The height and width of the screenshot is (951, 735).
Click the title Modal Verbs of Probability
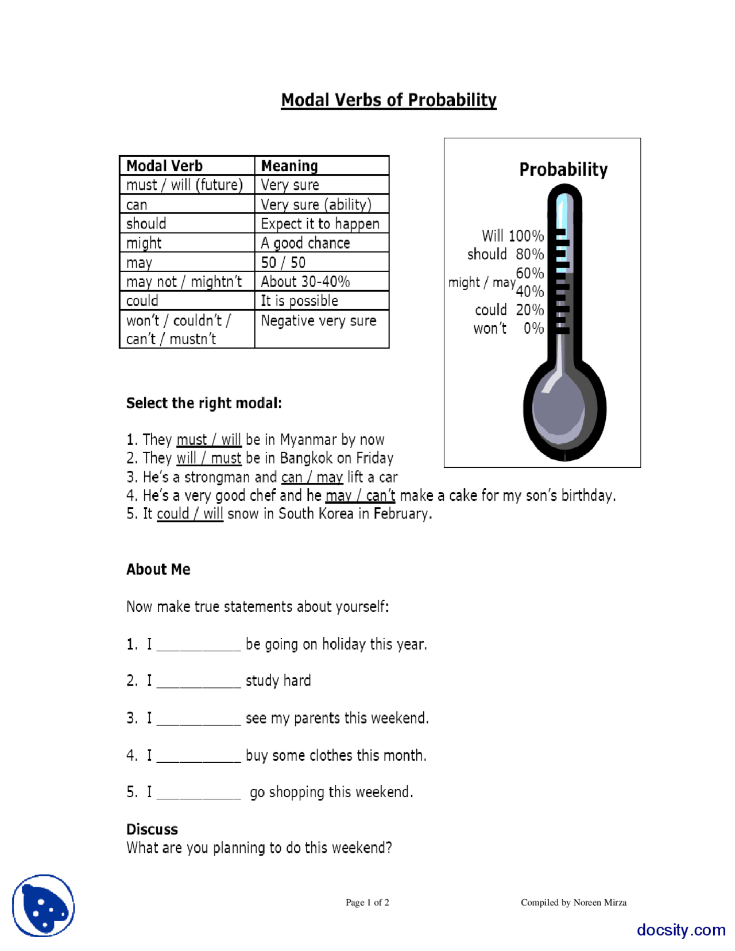(x=388, y=100)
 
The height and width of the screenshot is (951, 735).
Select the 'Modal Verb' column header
(x=164, y=166)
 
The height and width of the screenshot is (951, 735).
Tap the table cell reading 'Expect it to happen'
(x=320, y=223)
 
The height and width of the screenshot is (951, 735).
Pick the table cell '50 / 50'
(x=283, y=262)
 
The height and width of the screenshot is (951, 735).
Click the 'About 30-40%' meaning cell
(x=305, y=281)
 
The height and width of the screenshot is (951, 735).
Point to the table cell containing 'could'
(x=142, y=300)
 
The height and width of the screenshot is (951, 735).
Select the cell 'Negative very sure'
(x=318, y=320)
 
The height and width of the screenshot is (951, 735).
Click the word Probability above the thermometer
(x=563, y=169)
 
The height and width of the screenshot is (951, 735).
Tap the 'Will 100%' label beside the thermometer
(x=512, y=235)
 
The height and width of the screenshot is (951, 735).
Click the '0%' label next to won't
(x=533, y=328)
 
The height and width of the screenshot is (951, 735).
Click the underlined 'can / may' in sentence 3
(x=312, y=477)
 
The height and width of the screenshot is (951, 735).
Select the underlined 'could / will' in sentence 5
(x=189, y=513)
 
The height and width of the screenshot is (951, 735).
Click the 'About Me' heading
(x=158, y=569)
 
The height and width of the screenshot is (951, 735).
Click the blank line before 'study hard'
(x=198, y=682)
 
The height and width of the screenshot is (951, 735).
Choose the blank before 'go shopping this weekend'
(x=198, y=794)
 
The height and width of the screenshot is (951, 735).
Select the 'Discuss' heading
(x=152, y=829)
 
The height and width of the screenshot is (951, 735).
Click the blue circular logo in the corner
(x=44, y=906)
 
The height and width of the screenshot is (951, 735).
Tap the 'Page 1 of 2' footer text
(x=367, y=902)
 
